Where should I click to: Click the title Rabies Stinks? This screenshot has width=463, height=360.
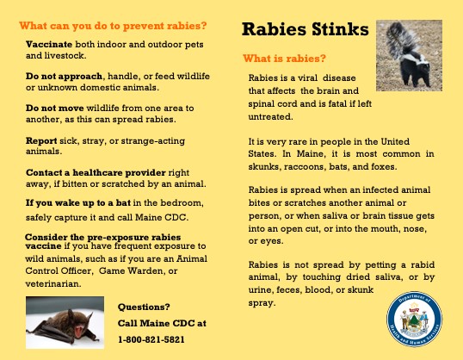point(305,29)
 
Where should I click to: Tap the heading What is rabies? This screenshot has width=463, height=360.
point(284,59)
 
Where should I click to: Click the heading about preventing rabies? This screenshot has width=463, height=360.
point(113,26)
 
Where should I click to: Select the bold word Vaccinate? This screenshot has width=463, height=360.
point(49,44)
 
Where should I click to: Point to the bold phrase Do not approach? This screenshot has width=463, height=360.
point(64,77)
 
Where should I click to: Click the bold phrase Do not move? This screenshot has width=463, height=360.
point(54,108)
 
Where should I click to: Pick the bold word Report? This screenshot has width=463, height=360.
point(41,140)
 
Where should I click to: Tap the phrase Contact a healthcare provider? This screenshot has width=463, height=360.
point(96,172)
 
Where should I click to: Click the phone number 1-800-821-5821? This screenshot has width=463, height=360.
point(151,339)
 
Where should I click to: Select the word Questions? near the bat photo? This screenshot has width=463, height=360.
point(144,307)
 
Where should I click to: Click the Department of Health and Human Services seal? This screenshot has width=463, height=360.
point(414,320)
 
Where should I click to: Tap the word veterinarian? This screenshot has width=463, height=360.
point(52,283)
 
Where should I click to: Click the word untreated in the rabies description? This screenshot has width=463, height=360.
point(270,117)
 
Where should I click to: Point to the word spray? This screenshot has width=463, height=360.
point(262,303)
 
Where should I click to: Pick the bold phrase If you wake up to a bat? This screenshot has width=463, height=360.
point(78,203)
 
